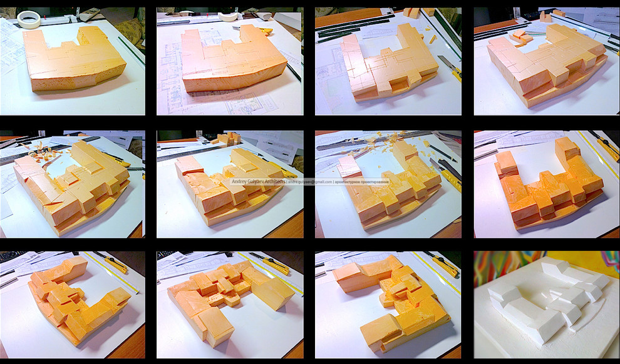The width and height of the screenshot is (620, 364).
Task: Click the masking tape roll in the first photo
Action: (x=28, y=19)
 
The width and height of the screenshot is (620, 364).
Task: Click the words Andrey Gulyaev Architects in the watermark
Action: (x=257, y=181)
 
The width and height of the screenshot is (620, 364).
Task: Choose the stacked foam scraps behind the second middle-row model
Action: (x=227, y=139)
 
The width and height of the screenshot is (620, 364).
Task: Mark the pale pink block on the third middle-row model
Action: (x=349, y=165)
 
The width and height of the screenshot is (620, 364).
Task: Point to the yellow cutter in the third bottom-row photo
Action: (x=444, y=265)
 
